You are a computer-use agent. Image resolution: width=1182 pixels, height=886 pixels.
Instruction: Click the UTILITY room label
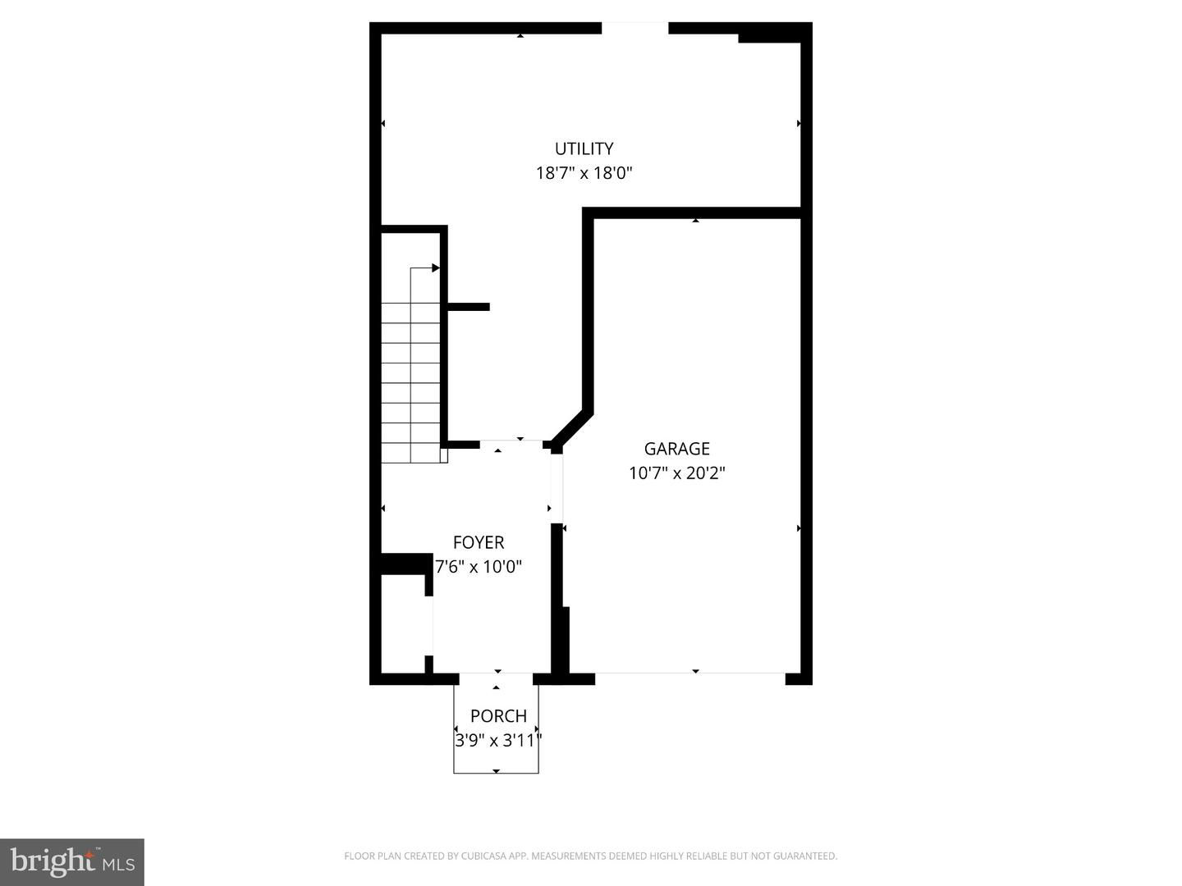point(584,148)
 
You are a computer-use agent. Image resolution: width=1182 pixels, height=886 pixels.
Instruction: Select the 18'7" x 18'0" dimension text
point(584,173)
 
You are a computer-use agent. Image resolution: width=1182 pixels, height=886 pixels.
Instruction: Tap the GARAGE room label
point(676,449)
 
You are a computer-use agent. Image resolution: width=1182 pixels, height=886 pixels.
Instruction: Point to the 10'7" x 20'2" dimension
point(676,473)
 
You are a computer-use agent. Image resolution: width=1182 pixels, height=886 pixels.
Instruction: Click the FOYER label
point(479,542)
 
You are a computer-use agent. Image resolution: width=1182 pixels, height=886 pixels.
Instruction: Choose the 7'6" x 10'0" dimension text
point(479,567)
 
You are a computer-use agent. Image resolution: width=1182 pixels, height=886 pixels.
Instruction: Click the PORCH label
point(498,716)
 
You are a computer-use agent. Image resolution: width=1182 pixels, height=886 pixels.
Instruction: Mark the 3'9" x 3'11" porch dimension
point(498,741)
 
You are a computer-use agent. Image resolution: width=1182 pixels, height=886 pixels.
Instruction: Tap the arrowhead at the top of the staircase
point(436,267)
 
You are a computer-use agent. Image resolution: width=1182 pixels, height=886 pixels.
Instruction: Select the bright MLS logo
point(72,861)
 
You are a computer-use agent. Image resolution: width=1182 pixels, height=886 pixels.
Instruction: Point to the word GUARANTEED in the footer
point(807,856)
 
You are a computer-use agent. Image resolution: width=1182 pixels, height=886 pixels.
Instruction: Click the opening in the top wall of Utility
point(635,29)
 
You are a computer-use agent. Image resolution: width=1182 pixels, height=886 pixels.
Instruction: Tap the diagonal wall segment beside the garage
point(571,429)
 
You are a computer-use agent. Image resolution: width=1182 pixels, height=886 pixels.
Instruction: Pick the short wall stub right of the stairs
point(469,307)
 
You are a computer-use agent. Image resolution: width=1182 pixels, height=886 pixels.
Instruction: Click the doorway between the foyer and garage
point(557,489)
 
